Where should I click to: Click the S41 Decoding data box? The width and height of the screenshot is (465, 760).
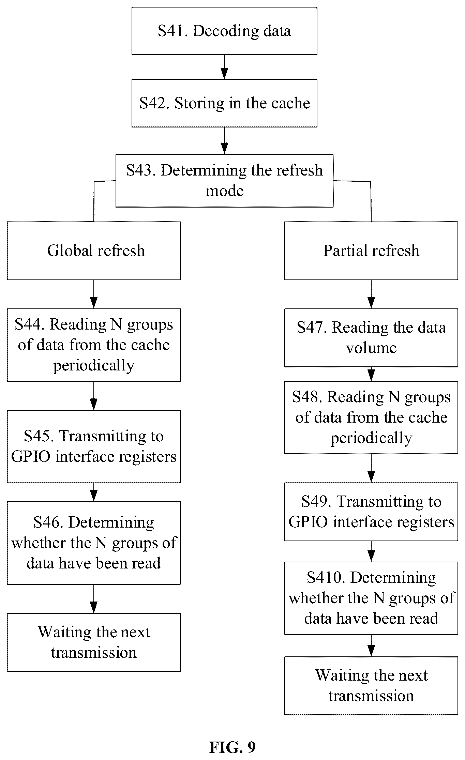(x=224, y=31)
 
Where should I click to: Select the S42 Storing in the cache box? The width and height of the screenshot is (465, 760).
(x=224, y=103)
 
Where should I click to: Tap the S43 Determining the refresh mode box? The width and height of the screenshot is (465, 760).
(x=224, y=181)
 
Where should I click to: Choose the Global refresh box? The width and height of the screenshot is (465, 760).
(x=94, y=251)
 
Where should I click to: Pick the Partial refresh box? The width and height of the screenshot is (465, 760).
(x=371, y=251)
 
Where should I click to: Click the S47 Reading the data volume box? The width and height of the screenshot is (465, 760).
(x=371, y=338)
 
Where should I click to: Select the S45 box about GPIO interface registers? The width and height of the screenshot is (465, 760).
(x=94, y=446)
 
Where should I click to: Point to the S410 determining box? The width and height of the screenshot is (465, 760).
(x=371, y=598)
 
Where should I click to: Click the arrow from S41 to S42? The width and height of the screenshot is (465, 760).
(x=224, y=67)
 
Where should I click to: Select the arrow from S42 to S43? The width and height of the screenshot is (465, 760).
(x=224, y=141)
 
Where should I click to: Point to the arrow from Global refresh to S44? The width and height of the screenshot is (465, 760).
(x=94, y=294)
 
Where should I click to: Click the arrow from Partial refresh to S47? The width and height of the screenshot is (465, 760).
(x=371, y=294)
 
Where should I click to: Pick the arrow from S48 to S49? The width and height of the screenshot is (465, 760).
(x=371, y=468)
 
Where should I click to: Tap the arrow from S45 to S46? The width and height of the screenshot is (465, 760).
(x=94, y=492)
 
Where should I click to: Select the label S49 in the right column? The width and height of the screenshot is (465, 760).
(x=317, y=502)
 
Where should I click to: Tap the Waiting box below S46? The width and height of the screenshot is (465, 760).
(x=94, y=642)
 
